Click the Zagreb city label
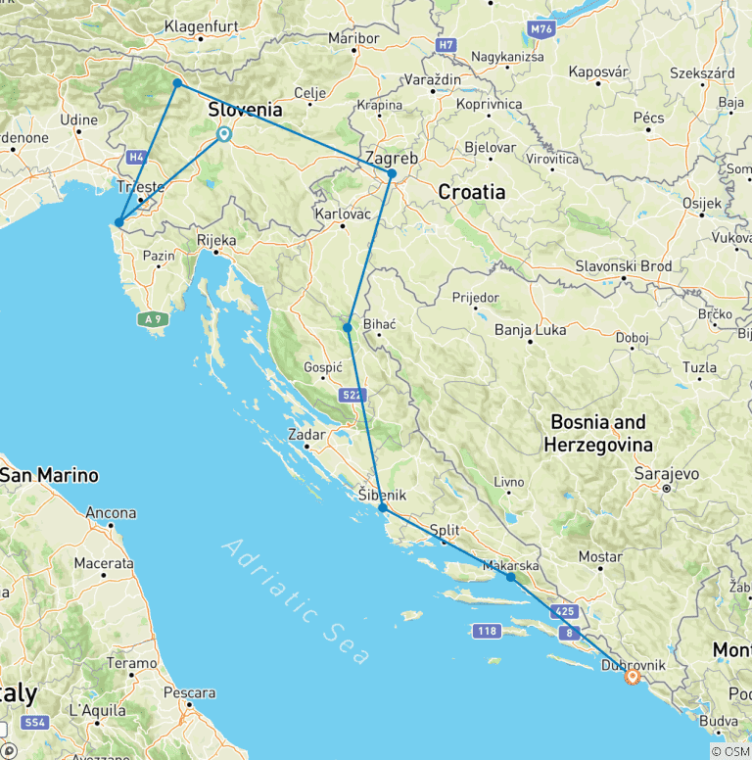pos(391,158)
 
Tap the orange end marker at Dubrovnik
pos(632,677)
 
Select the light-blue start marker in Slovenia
pos(224,135)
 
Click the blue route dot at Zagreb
pos(392,174)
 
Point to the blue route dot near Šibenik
pos(383,508)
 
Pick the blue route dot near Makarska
pos(511,577)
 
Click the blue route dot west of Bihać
pos(348,327)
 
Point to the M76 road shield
pos(541,30)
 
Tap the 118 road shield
pos(487,631)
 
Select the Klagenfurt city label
pos(201,25)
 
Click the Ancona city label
pos(111,512)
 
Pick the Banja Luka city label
pos(530,330)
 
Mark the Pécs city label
pos(648,118)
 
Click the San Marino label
pos(50,475)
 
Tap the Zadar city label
pos(306,433)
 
